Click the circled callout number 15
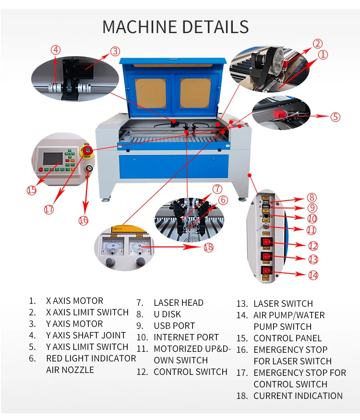tap(31, 190)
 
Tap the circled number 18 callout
tap(208, 247)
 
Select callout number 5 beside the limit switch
tap(336, 117)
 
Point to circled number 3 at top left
tap(115, 51)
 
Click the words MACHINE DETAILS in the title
tap(176, 26)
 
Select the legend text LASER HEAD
tap(178, 303)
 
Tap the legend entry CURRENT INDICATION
tap(298, 396)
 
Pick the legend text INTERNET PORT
tap(186, 337)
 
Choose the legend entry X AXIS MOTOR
tap(74, 301)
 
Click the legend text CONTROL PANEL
tap(287, 338)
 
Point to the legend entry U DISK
tap(167, 314)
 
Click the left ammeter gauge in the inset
tap(113, 247)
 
